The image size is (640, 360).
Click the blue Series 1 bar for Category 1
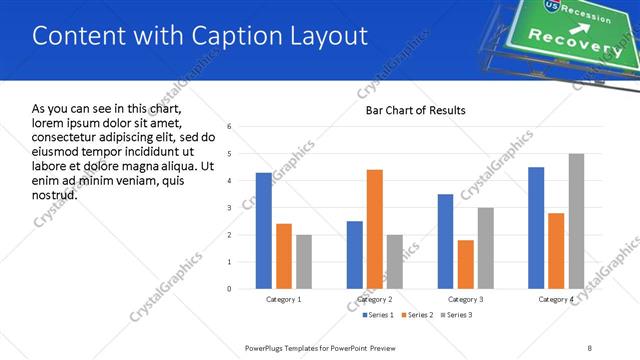pos(264,231)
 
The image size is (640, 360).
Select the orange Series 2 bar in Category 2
pos(375,229)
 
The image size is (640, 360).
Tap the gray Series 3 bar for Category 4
pos(576,221)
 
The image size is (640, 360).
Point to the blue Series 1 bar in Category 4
pos(536,228)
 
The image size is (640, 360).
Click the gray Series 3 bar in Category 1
pos(304,262)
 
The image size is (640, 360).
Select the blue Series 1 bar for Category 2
pos(355,255)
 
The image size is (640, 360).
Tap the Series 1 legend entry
pos(376,315)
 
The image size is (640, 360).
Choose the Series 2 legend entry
pos(418,315)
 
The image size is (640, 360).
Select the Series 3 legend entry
pos(460,315)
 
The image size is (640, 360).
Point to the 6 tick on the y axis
pos(229,127)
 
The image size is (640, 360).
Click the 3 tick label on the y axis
pos(229,208)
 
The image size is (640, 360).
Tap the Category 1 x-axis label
pos(284,299)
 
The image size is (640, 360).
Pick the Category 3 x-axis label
pos(466,299)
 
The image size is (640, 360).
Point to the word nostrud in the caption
pos(55,194)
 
